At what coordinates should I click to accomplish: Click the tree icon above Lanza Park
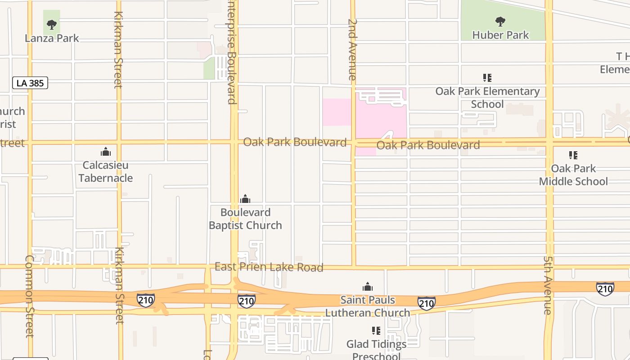point(52,24)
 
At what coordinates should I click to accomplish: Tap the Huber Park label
point(500,35)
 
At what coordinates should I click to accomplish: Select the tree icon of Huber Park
point(500,21)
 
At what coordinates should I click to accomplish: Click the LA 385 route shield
point(30,83)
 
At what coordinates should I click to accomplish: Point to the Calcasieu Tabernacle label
point(106,171)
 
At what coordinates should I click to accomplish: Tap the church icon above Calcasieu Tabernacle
point(106,152)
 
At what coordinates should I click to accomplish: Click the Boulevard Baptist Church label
point(245,219)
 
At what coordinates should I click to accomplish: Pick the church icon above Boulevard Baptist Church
point(245,199)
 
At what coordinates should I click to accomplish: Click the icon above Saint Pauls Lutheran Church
point(368,287)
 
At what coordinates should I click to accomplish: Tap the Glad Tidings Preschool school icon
point(376,331)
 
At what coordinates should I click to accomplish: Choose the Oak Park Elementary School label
point(487,98)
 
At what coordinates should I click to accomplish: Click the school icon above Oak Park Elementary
point(487,78)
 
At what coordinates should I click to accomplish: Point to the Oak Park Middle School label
point(573,175)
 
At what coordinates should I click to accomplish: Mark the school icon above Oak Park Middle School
point(573,155)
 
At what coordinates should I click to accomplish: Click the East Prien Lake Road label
point(269,267)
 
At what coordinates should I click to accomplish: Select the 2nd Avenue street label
point(352,49)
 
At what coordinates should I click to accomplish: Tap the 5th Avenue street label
point(548,285)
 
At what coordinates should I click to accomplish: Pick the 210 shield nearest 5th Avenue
point(605,288)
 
